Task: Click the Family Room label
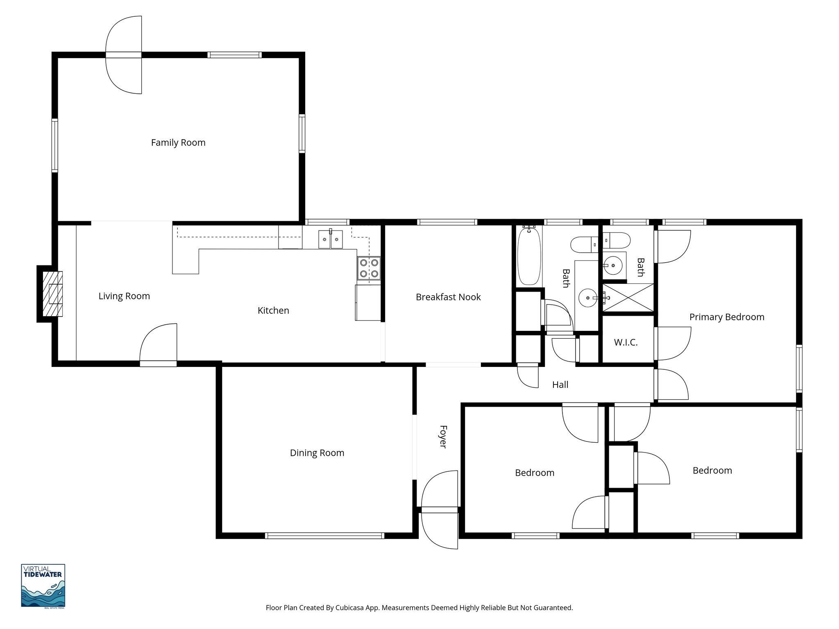coord(178,143)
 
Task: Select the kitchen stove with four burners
coord(369,268)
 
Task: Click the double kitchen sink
coord(330,239)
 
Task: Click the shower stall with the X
coord(628,298)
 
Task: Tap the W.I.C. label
coord(626,342)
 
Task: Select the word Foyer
coord(443,437)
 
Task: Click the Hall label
coord(560,385)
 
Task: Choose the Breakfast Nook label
coord(448,297)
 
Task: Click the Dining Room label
coord(317,453)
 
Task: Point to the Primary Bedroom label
coord(726,317)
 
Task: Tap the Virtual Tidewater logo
coord(43,586)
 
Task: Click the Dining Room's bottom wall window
coord(324,535)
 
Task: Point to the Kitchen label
coord(273,310)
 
